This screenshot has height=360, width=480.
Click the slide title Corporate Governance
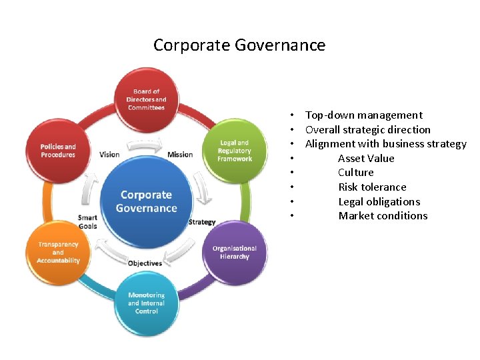click(239, 45)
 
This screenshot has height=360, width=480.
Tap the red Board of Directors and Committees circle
click(147, 99)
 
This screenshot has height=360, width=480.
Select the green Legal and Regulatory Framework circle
click(234, 151)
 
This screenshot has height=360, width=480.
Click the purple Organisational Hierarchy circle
click(230, 252)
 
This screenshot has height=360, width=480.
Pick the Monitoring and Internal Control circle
click(147, 303)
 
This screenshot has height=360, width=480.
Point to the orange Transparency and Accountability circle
click(59, 252)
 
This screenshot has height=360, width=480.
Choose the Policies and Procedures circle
click(59, 151)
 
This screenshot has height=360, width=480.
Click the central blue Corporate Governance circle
click(146, 201)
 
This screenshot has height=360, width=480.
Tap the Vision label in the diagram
click(109, 155)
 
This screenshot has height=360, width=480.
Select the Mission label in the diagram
click(180, 155)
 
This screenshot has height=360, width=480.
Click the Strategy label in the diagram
click(202, 222)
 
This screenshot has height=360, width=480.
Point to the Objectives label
click(145, 263)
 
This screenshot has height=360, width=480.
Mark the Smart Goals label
click(87, 222)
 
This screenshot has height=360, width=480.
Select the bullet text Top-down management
click(363, 115)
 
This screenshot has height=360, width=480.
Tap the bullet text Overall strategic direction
click(367, 129)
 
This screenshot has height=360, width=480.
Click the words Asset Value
click(366, 158)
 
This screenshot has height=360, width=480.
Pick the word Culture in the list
click(356, 173)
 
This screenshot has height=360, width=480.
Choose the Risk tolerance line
click(372, 187)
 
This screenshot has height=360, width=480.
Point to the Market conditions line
click(383, 216)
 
